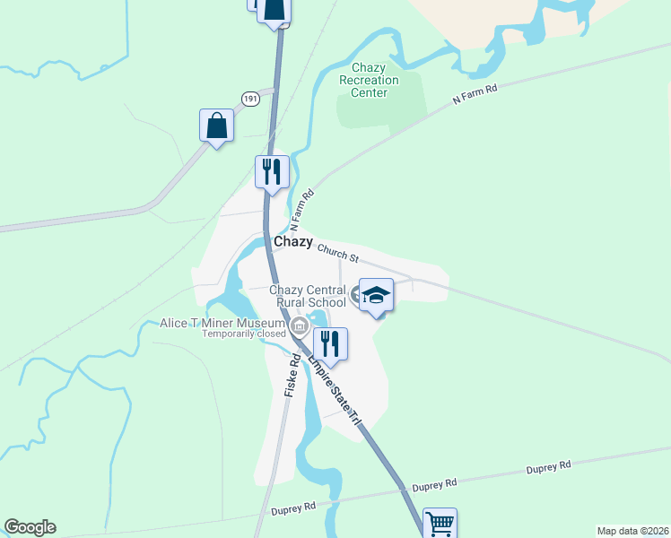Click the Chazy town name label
pyautogui.click(x=293, y=242)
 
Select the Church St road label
pyautogui.click(x=337, y=256)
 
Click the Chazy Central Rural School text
pyautogui.click(x=308, y=296)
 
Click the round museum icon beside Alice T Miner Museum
pyautogui.click(x=300, y=325)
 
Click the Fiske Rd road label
pyautogui.click(x=292, y=376)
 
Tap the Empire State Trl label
pyautogui.click(x=335, y=390)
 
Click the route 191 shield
pyautogui.click(x=250, y=98)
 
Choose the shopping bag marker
pyautogui.click(x=216, y=126)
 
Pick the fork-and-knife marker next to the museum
pyautogui.click(x=330, y=344)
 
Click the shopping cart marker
pyautogui.click(x=440, y=523)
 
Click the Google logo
pyautogui.click(x=30, y=527)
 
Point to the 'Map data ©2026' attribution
pyautogui.click(x=632, y=531)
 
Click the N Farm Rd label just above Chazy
pyautogui.click(x=301, y=210)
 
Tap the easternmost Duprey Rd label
pyautogui.click(x=548, y=467)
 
